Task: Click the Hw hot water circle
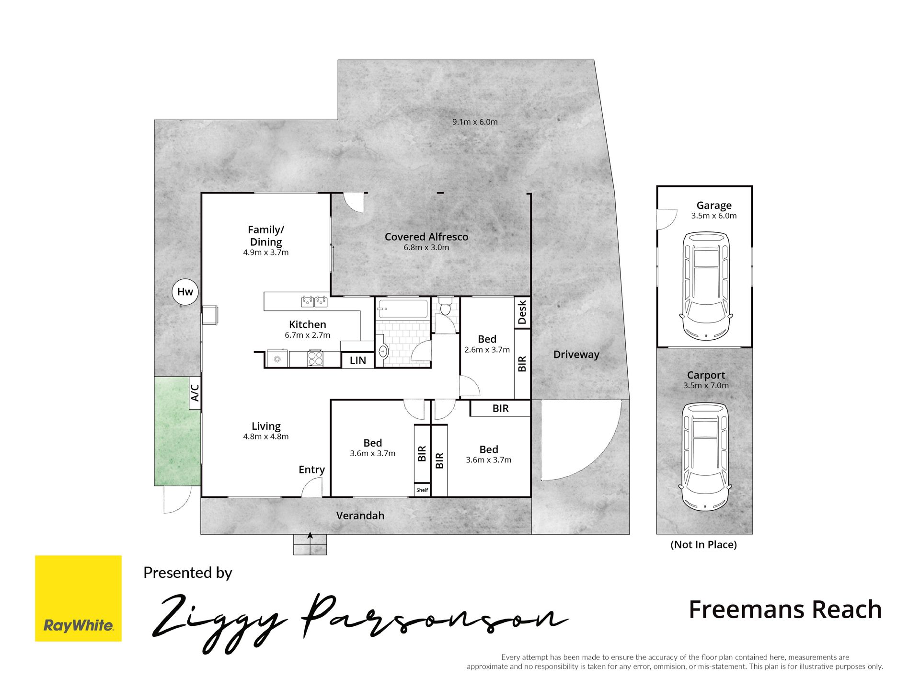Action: [x=185, y=292]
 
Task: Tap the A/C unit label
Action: [x=195, y=393]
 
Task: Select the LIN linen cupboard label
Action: [x=358, y=360]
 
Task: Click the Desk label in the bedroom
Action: [x=522, y=312]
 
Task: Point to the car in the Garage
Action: [x=706, y=285]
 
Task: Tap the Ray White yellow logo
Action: [x=78, y=598]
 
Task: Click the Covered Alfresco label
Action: [x=426, y=237]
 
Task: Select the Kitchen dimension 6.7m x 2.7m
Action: [x=308, y=335]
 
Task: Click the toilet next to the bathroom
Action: [x=446, y=305]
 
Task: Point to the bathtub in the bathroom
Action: [x=402, y=309]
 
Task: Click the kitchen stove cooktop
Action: [x=315, y=358]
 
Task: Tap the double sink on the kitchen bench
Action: [x=314, y=301]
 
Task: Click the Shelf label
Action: [x=422, y=490]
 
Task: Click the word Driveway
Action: [x=576, y=355]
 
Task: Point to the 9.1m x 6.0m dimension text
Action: [x=475, y=122]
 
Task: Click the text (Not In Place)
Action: [x=703, y=544]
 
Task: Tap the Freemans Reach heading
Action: [x=785, y=609]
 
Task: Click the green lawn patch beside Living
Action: [x=177, y=431]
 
